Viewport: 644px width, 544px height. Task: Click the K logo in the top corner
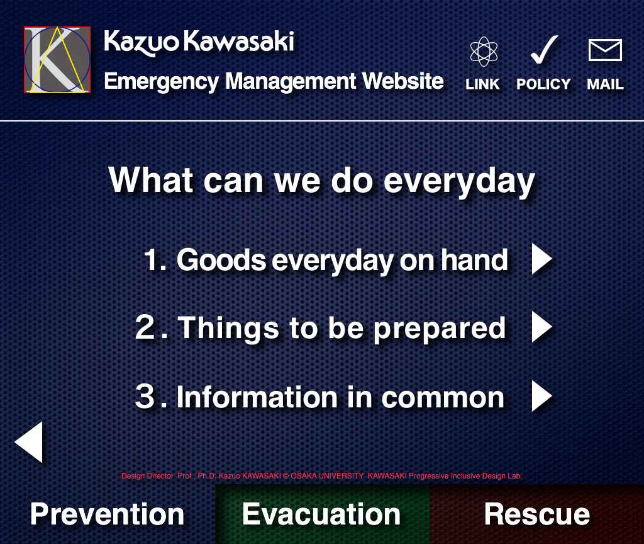coord(57,60)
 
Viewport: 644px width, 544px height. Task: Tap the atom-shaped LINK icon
coord(484,51)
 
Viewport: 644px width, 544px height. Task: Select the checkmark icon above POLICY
coord(544,49)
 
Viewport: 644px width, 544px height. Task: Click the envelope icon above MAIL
coord(605,50)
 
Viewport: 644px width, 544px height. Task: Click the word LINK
coord(482,84)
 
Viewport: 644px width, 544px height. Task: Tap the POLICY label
coord(543,84)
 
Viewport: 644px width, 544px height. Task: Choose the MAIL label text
coord(605,84)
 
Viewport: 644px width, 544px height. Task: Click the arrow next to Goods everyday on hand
coord(541,259)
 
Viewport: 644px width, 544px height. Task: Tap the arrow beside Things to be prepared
coord(541,327)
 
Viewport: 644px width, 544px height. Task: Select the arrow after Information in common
coord(541,396)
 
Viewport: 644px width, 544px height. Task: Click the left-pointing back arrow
coord(29,442)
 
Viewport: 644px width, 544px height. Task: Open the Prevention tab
coord(107,514)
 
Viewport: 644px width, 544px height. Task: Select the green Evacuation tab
coord(322,514)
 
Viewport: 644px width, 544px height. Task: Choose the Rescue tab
coord(537,514)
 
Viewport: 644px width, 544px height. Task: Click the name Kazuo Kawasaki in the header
coord(199,42)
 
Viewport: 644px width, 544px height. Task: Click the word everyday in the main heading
coord(459,181)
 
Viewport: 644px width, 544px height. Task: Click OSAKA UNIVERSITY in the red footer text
coord(327,476)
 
